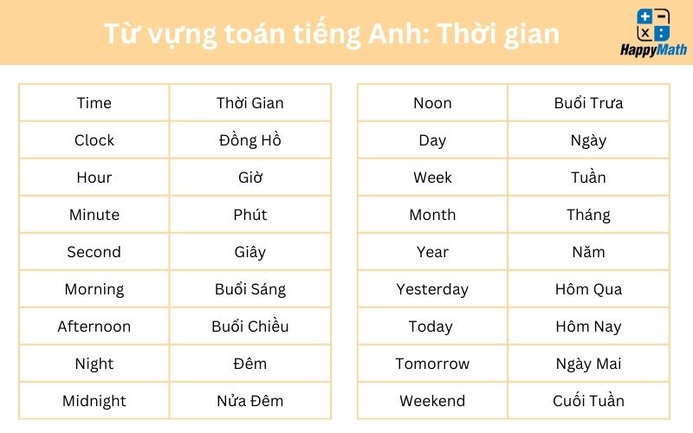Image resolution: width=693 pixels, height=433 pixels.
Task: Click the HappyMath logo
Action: coord(653,33)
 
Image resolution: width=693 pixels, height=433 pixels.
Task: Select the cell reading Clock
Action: coord(94,140)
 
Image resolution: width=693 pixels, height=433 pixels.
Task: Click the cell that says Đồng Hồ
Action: coord(250,140)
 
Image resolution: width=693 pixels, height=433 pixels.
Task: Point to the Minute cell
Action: coord(94,214)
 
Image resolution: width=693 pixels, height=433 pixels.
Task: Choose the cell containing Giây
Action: coord(250,252)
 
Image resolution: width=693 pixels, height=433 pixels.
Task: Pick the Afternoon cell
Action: coord(94,326)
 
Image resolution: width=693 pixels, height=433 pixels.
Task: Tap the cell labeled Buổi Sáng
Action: coord(250,289)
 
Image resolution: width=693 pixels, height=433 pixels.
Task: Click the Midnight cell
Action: coord(94,401)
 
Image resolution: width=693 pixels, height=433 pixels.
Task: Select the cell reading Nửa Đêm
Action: coord(250,401)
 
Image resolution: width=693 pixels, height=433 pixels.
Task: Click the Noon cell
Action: coord(432,103)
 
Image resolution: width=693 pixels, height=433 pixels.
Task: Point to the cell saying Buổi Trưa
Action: coord(588,103)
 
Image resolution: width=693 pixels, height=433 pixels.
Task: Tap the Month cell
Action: coord(432,214)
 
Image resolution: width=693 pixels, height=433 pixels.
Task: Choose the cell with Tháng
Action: coord(588,214)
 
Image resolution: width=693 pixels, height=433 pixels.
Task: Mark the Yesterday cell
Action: coord(432,289)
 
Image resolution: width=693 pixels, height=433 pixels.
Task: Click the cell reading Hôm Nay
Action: coord(588,326)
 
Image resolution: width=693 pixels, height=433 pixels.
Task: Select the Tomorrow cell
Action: coord(432,363)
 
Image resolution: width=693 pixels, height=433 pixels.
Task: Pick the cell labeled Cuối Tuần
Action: coord(588,401)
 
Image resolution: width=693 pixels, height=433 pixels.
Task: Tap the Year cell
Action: coord(432,252)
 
